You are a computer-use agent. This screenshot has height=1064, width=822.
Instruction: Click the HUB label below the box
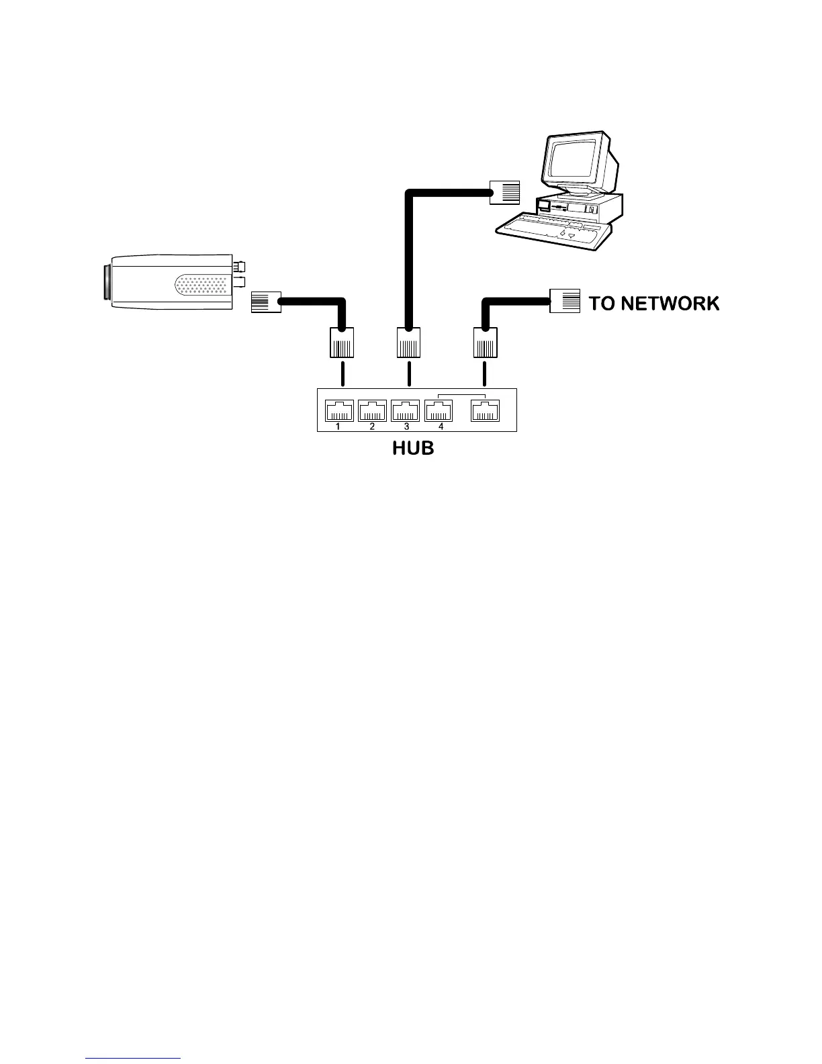click(x=413, y=448)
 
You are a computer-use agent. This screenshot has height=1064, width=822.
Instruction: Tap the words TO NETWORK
click(x=653, y=304)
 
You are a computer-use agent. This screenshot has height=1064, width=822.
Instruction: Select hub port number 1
click(x=339, y=410)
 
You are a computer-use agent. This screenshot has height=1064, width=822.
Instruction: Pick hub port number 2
click(x=373, y=410)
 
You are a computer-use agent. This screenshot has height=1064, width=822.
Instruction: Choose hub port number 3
click(x=406, y=410)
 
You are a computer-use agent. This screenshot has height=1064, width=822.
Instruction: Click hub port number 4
click(x=439, y=410)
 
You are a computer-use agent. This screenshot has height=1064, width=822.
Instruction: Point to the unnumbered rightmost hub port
click(x=485, y=410)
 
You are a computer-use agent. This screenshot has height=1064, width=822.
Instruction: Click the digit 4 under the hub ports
click(x=441, y=427)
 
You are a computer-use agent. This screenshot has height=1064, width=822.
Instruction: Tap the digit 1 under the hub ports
click(x=338, y=427)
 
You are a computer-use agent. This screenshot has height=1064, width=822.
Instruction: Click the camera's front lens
click(x=107, y=283)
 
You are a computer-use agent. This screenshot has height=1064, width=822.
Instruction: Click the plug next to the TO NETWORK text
click(x=565, y=300)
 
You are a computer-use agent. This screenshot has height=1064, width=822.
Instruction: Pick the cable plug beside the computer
click(x=505, y=192)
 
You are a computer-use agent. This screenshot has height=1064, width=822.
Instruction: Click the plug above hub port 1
click(x=341, y=343)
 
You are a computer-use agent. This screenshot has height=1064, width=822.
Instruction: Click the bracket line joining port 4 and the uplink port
click(x=461, y=394)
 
